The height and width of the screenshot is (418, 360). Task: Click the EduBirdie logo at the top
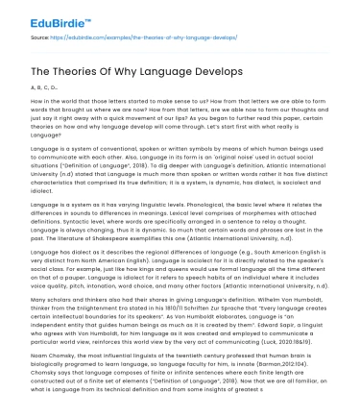click(x=39, y=16)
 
